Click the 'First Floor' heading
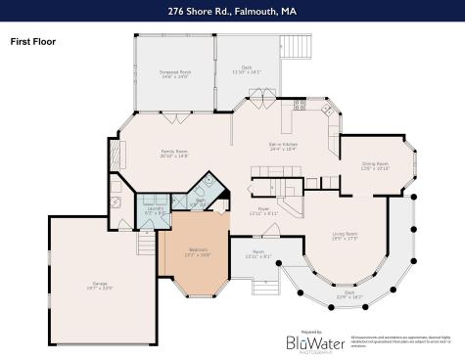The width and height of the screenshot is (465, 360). (32, 42)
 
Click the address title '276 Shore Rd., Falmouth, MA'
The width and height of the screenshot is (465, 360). (232, 11)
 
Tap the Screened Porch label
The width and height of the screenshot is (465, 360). (174, 74)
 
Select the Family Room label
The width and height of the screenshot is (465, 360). (174, 154)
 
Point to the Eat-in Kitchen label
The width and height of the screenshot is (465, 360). (284, 148)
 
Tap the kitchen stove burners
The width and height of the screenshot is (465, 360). (301, 104)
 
